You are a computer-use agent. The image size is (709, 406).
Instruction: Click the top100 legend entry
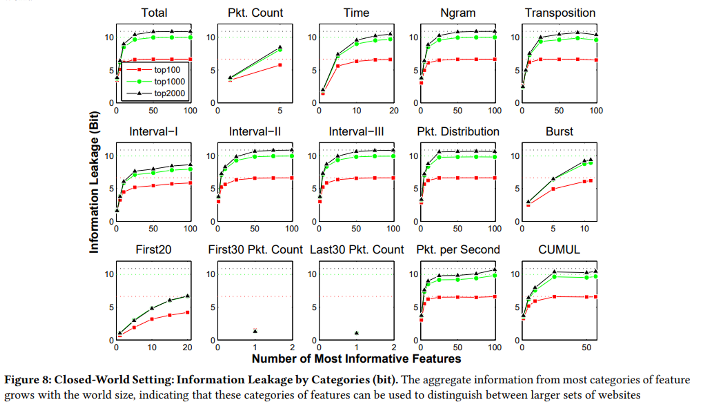167,70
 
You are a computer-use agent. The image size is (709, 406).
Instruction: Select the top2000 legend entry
169,93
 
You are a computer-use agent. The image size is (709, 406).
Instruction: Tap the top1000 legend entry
169,82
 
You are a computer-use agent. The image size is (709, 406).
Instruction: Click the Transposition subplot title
560,13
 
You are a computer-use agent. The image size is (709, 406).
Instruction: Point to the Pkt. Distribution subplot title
458,131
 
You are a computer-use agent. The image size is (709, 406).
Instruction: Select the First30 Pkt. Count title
255,249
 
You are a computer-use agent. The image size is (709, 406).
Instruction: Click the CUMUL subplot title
559,249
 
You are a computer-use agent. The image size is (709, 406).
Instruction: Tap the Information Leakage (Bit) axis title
94,182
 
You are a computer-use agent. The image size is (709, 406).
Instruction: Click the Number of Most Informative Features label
356,358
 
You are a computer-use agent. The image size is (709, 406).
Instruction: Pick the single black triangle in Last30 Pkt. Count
357,333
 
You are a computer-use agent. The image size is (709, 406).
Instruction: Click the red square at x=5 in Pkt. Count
280,65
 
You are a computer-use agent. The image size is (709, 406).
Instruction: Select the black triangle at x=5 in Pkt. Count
280,47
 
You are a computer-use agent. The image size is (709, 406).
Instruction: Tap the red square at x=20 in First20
188,312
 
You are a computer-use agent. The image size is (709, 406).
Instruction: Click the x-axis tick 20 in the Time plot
394,111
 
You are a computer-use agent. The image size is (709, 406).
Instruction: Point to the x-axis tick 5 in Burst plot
553,229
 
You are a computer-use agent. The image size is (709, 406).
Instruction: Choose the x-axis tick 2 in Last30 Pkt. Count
394,347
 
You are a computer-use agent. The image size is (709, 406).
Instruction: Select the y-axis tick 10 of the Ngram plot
413,37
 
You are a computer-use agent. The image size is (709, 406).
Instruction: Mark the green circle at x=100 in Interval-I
190,169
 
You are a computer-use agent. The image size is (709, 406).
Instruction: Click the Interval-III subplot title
356,131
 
